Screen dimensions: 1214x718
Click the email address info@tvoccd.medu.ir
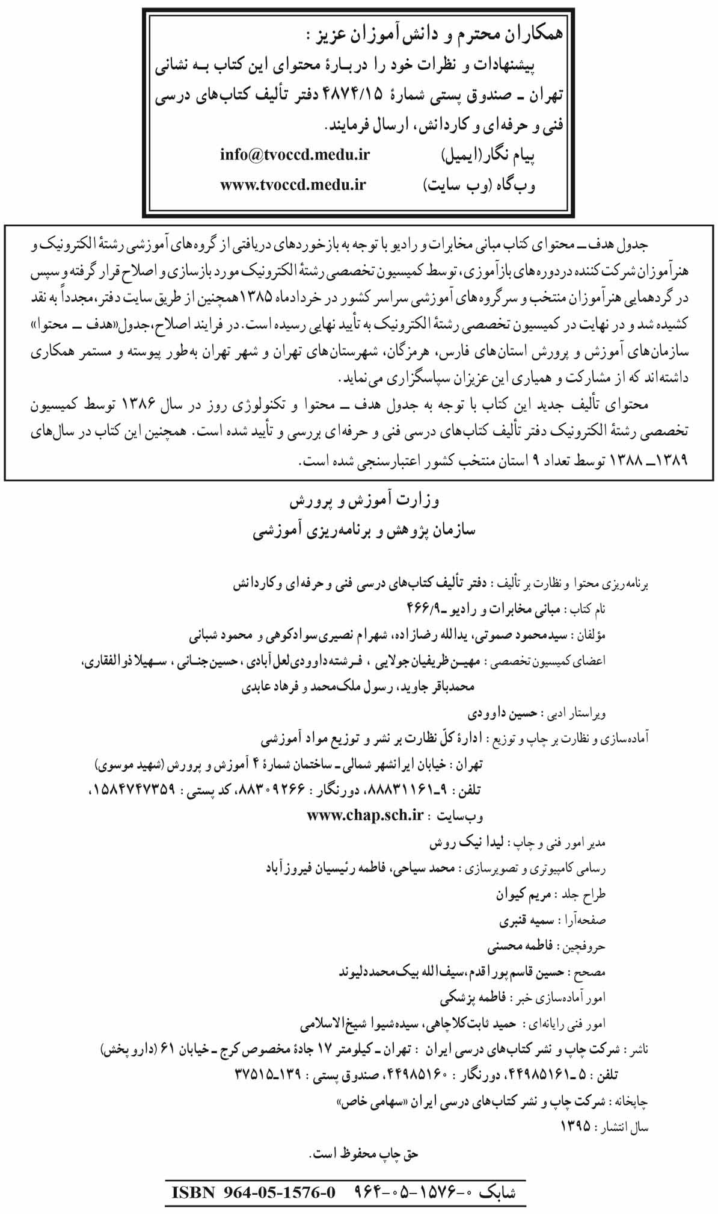coord(295,155)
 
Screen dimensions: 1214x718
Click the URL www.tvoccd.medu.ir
coord(293,185)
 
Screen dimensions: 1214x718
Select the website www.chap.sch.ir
coord(366,815)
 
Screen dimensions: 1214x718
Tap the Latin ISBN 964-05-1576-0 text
coord(253,1192)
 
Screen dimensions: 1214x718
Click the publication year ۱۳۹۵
coord(575,1126)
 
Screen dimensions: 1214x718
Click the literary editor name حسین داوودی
coord(502,714)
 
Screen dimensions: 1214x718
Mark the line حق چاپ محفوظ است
coord(364,1153)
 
